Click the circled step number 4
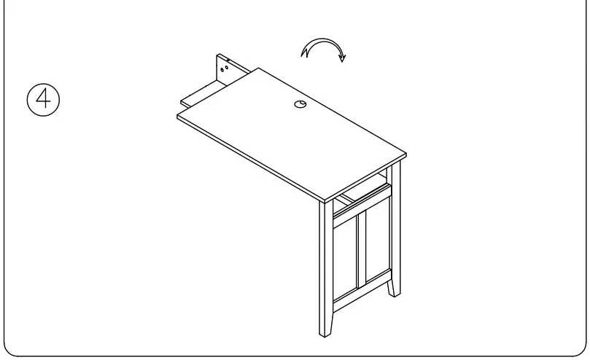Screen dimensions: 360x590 tap(43, 98)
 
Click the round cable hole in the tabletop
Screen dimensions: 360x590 tap(301, 105)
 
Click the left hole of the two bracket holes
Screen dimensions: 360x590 tap(223, 71)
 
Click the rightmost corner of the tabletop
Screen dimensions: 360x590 tap(405, 154)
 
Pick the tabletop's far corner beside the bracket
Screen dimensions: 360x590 tap(257, 69)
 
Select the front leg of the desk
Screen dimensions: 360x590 tap(325, 270)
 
